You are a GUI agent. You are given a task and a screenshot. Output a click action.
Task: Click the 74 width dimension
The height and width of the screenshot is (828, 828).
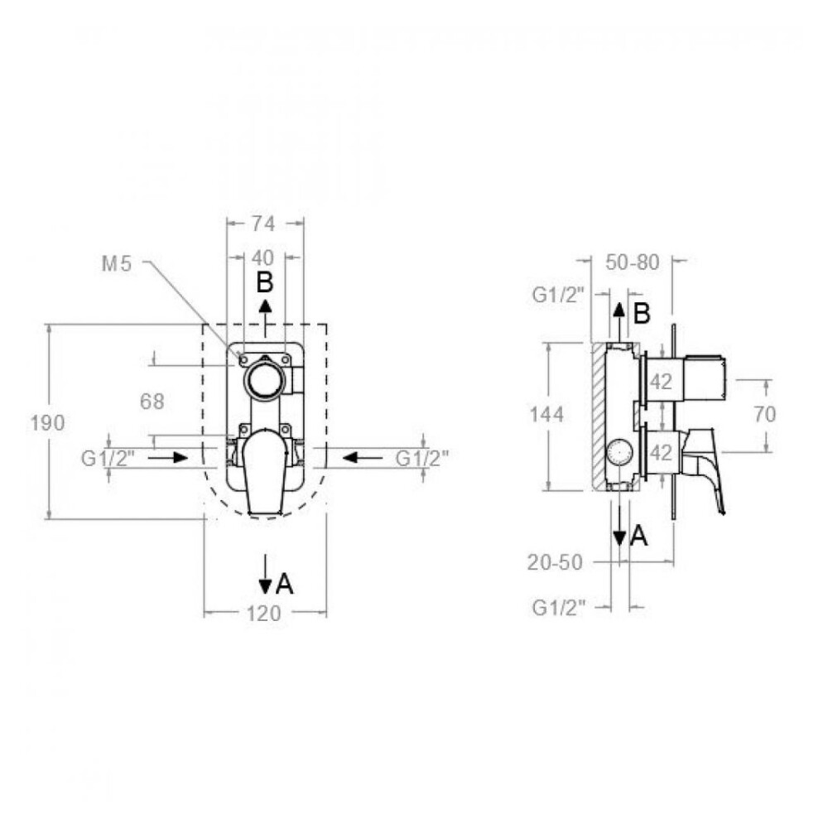coord(263,224)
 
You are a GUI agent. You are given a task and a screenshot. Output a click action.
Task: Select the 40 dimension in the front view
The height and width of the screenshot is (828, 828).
coord(263,258)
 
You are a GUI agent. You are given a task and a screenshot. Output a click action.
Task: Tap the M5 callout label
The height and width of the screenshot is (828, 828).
coord(116,263)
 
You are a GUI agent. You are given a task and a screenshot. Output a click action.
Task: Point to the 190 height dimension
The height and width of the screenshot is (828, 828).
coord(47,422)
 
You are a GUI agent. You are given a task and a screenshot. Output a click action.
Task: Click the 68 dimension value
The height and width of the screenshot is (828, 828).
coord(152,402)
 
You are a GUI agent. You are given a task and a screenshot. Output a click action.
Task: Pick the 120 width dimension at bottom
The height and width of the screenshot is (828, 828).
coord(264,614)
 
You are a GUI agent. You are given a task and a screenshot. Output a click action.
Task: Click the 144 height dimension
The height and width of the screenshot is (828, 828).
coord(547,415)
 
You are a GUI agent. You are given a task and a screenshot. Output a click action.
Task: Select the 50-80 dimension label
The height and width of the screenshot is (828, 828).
coord(633,262)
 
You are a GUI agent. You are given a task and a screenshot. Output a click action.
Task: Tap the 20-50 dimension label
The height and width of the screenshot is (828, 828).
coord(555,562)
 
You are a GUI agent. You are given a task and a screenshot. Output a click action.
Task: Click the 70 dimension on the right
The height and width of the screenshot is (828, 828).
coord(764,415)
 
